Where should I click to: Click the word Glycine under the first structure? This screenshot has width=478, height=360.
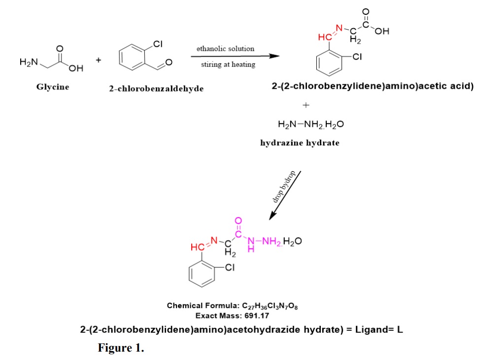click(x=53, y=87)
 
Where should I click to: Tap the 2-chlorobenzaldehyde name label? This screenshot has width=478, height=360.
click(x=156, y=88)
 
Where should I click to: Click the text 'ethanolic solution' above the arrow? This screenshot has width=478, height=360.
click(x=225, y=49)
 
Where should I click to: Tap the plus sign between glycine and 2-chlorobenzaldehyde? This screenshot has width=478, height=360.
click(x=99, y=60)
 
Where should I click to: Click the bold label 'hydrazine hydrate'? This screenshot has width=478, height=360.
click(x=300, y=143)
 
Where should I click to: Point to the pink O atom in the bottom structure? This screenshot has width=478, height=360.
click(x=239, y=220)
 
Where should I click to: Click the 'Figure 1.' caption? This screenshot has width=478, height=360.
click(x=121, y=348)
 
